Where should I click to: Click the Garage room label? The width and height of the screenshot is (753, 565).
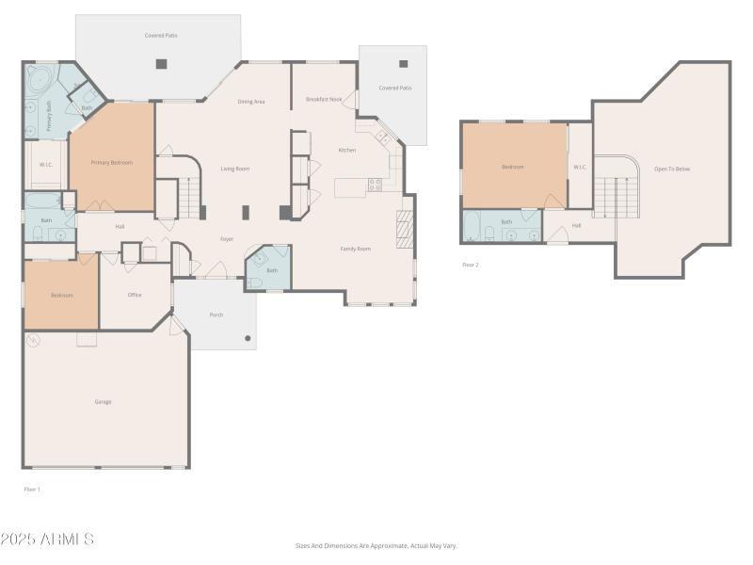pyautogui.click(x=103, y=402)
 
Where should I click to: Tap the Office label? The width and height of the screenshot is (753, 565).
pyautogui.click(x=135, y=295)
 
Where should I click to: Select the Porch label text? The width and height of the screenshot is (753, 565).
pyautogui.click(x=216, y=315)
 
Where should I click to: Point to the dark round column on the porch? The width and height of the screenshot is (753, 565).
pyautogui.click(x=248, y=338)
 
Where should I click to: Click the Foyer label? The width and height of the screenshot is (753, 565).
pyautogui.click(x=227, y=239)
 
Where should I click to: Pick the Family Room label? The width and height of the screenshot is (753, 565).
pyautogui.click(x=355, y=249)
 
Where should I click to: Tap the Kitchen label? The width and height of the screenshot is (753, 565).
pyautogui.click(x=346, y=150)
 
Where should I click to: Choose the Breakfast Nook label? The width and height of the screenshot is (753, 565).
pyautogui.click(x=324, y=99)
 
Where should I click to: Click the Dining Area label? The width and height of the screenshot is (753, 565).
pyautogui.click(x=250, y=102)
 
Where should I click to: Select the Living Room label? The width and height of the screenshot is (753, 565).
pyautogui.click(x=234, y=169)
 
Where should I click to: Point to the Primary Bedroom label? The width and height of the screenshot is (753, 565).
pyautogui.click(x=111, y=163)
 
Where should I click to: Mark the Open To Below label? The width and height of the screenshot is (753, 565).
pyautogui.click(x=672, y=169)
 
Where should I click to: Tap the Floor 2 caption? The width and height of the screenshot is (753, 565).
pyautogui.click(x=470, y=265)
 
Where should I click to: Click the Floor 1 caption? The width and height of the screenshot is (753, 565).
pyautogui.click(x=32, y=489)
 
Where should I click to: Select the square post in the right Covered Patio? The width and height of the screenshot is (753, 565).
pyautogui.click(x=404, y=64)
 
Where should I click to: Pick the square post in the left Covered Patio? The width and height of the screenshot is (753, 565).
pyautogui.click(x=161, y=64)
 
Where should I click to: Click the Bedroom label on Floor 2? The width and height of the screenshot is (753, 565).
pyautogui.click(x=512, y=167)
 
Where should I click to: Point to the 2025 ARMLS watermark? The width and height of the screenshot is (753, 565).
pyautogui.click(x=47, y=540)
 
